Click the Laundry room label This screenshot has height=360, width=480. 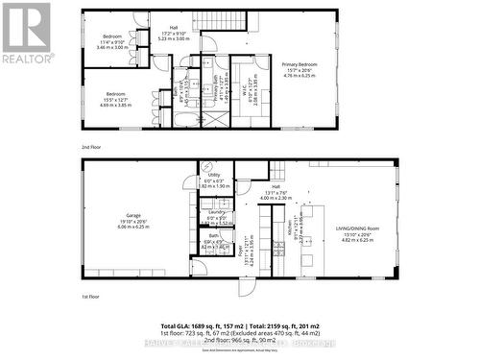(x=216, y=213)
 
